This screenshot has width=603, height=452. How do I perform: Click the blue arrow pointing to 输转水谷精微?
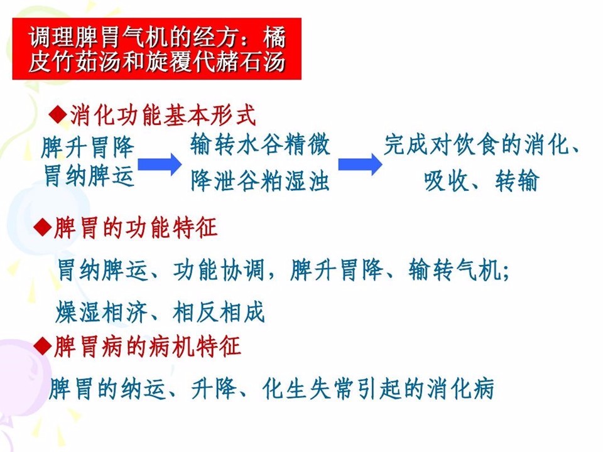pyautogui.click(x=160, y=164)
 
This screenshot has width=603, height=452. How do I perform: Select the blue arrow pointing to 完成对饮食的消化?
pyautogui.click(x=361, y=164)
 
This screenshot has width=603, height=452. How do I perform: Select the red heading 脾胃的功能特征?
pyautogui.click(x=136, y=227)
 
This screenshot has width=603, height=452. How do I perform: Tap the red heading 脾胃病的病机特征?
pyautogui.click(x=147, y=347)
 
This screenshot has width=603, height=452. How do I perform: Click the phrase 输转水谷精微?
pyautogui.click(x=260, y=144)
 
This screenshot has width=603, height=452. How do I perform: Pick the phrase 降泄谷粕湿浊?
pyautogui.click(x=260, y=180)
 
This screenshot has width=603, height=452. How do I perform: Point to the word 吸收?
pyautogui.click(x=446, y=180)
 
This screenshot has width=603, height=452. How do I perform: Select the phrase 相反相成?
pyautogui.click(x=219, y=312)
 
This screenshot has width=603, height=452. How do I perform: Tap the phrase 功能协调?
pyautogui.click(x=219, y=269)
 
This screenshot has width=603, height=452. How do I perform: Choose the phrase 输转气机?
pyautogui.click(x=455, y=269)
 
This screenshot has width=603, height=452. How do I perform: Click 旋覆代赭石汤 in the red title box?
pyautogui.click(x=215, y=62)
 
